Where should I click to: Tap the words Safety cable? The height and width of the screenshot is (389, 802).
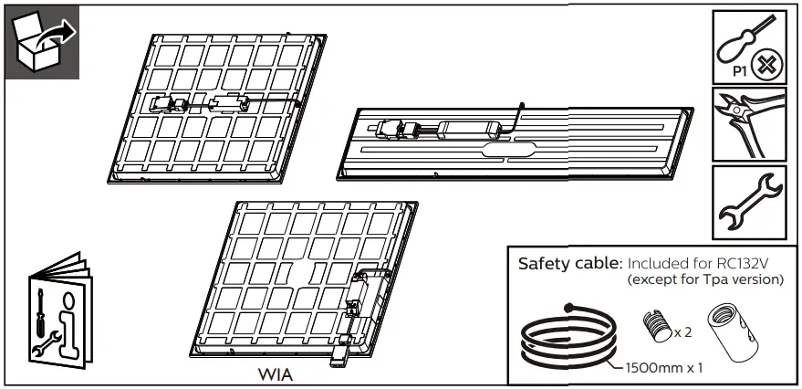point(569,264)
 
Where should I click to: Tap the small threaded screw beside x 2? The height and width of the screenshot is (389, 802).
point(655,325)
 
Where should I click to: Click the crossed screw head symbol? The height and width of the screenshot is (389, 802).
point(765,66)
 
